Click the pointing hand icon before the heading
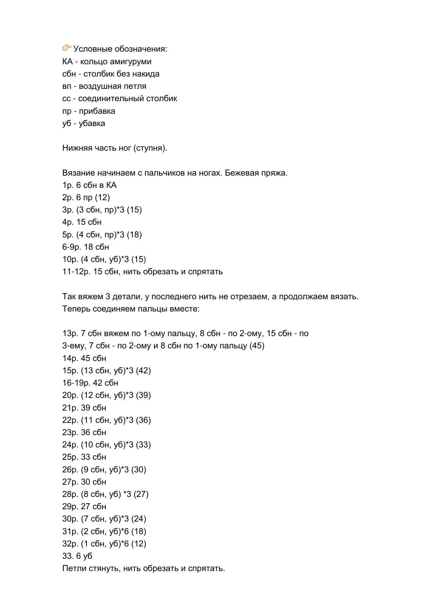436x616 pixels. pyautogui.click(x=67, y=48)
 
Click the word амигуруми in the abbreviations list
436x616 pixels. pyautogui.click(x=130, y=62)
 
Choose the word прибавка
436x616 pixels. pyautogui.click(x=97, y=111)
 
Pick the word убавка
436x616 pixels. pyautogui.click(x=92, y=124)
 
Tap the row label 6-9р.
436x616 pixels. pyautogui.click(x=72, y=247)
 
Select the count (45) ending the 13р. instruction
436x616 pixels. pyautogui.click(x=257, y=346)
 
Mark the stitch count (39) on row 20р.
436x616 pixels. pyautogui.click(x=143, y=395)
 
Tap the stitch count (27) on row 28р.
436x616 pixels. pyautogui.click(x=141, y=494)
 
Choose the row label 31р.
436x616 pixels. pyautogui.click(x=70, y=531)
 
